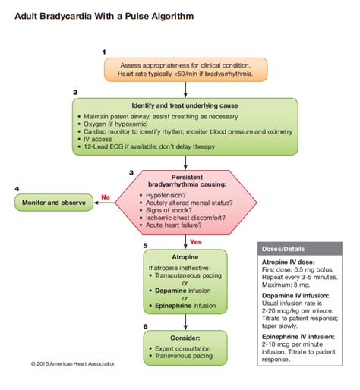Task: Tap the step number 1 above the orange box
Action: click(103, 51)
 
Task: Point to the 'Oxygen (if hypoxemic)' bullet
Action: click(122, 124)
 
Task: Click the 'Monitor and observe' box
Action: click(53, 203)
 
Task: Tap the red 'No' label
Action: click(106, 195)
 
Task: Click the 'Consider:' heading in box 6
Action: click(185, 338)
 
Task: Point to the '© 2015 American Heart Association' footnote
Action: click(74, 363)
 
